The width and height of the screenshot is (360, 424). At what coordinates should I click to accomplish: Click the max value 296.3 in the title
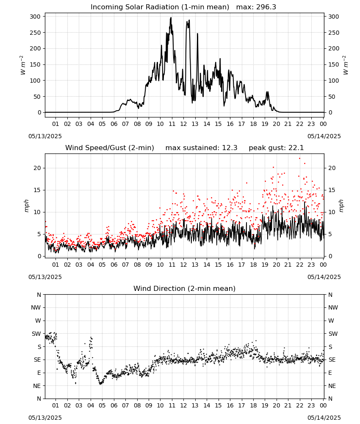tap(266, 7)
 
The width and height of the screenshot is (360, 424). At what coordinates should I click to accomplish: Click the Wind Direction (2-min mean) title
tap(185, 288)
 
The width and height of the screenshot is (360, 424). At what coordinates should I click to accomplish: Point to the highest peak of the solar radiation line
tap(171, 18)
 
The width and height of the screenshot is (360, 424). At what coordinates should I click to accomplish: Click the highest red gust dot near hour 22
tap(299, 159)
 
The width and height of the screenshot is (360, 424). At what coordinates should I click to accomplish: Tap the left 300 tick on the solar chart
tap(36, 17)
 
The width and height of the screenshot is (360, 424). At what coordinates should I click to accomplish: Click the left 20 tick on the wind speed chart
tap(37, 168)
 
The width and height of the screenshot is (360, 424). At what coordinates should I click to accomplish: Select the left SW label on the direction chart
tap(36, 334)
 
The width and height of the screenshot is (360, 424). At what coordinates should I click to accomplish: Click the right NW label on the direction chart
tap(333, 307)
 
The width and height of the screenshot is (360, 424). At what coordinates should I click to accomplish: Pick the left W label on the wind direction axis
tap(38, 321)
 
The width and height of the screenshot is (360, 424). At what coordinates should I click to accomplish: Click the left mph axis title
tap(26, 206)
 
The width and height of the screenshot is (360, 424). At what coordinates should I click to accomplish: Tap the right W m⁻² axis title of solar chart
tap(346, 65)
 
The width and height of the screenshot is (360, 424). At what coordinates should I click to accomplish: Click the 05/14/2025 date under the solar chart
tap(324, 136)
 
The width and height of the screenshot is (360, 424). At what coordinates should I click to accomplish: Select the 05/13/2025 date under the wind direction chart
tap(45, 418)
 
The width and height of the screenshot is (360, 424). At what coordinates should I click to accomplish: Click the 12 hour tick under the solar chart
tap(183, 124)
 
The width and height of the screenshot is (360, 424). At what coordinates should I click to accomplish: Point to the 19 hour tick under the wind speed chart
tap(265, 265)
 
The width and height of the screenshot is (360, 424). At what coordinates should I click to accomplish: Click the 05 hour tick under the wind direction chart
tap(102, 405)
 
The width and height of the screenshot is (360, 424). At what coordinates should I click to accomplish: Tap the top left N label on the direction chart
tap(39, 295)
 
